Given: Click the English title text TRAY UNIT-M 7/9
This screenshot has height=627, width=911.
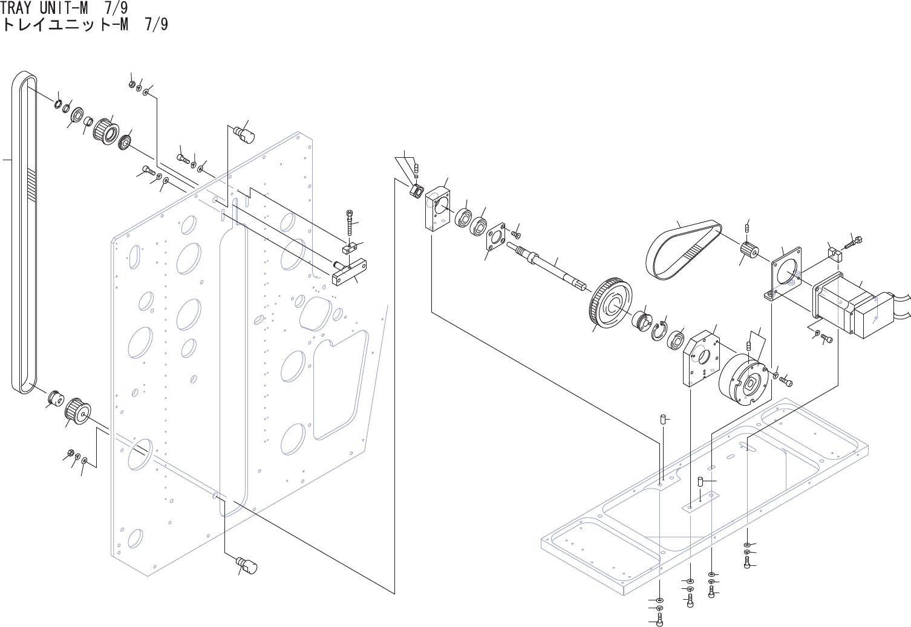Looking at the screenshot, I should pyautogui.click(x=63, y=8).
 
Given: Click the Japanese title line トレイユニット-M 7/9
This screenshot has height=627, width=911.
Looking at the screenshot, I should pyautogui.click(x=85, y=25).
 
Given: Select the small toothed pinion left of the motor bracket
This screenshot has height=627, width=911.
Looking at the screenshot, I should pyautogui.click(x=749, y=249).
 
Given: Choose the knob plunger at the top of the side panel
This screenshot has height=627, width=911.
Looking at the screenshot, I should pyautogui.click(x=246, y=132).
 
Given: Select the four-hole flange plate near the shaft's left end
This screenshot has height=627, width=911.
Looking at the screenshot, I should pyautogui.click(x=497, y=236).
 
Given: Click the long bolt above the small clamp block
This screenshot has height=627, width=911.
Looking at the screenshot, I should pyautogui.click(x=350, y=224).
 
